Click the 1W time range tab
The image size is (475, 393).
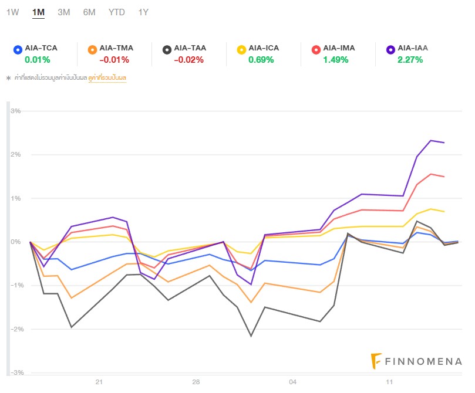(x=12, y=12)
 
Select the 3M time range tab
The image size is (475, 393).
(x=64, y=12)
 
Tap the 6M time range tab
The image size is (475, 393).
(x=89, y=12)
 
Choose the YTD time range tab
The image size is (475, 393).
(x=117, y=12)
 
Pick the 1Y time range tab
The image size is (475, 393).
(x=143, y=12)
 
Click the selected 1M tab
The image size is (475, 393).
(x=39, y=12)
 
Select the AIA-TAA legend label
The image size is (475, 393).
(x=190, y=48)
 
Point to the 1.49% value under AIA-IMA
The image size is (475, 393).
(x=336, y=59)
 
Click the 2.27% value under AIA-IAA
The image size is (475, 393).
(x=410, y=59)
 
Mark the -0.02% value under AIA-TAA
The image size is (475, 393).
(x=188, y=59)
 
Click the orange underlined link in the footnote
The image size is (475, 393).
(x=107, y=77)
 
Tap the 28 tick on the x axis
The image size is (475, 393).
(x=196, y=382)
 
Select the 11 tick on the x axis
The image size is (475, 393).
(x=390, y=382)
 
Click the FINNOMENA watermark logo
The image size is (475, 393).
(x=417, y=361)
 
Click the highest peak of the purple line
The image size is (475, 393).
(x=431, y=140)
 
